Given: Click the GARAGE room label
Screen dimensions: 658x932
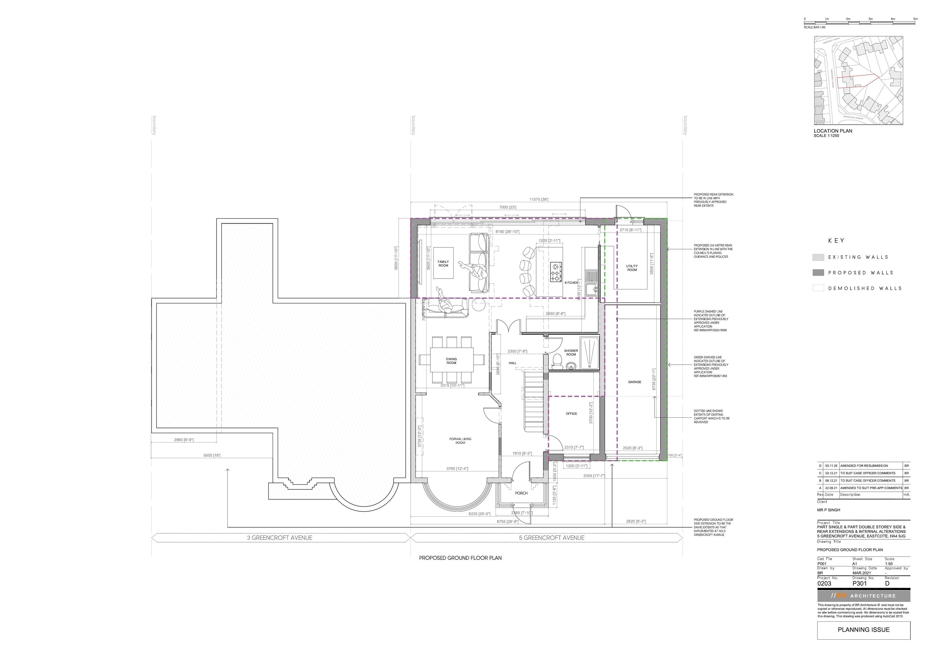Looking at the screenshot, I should (x=634, y=382).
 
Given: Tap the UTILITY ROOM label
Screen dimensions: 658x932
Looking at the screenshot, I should (x=632, y=268).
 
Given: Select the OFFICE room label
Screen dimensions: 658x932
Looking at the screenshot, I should (x=571, y=414).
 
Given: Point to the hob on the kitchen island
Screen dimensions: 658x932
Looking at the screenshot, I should (x=556, y=272).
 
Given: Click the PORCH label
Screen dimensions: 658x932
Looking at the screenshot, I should (x=521, y=493).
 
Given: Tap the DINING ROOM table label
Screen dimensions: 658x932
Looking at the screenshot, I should (x=451, y=361).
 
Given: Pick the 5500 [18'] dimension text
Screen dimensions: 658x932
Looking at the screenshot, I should (x=212, y=456).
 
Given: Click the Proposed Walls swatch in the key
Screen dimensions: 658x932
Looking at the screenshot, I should (x=818, y=273).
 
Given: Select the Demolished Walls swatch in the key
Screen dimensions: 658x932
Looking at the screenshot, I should (x=818, y=288).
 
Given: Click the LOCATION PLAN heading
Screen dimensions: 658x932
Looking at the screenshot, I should (x=833, y=131).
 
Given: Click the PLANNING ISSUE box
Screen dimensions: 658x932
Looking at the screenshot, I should (x=863, y=630).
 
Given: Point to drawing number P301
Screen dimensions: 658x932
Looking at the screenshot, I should (x=860, y=584).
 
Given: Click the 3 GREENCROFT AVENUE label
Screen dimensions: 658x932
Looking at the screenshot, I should (x=280, y=538).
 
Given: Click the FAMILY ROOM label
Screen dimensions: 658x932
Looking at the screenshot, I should (x=443, y=264).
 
